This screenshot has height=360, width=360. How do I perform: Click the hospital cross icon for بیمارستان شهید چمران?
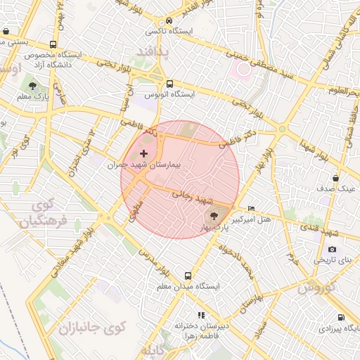[144, 153]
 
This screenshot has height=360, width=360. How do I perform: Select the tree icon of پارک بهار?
[214, 217]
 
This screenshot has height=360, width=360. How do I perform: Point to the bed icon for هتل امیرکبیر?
[252, 209]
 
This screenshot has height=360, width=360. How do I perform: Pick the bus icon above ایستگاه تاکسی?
[171, 20]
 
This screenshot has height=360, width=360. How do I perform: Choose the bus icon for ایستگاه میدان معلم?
[188, 276]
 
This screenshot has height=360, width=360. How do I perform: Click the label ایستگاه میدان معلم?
[188, 287]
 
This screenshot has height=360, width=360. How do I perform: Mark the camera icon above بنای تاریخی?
[332, 249]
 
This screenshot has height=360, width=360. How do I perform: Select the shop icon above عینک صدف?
[335, 179]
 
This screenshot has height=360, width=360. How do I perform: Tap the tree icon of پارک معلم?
[32, 86]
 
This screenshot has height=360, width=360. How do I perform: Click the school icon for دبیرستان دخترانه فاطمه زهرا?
[201, 315]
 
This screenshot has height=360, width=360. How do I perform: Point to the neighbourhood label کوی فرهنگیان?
[39, 214]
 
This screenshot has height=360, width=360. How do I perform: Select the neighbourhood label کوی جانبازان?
[91, 327]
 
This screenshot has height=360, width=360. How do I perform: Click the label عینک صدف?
[339, 189]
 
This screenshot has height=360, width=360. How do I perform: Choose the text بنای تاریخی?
[335, 259]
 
